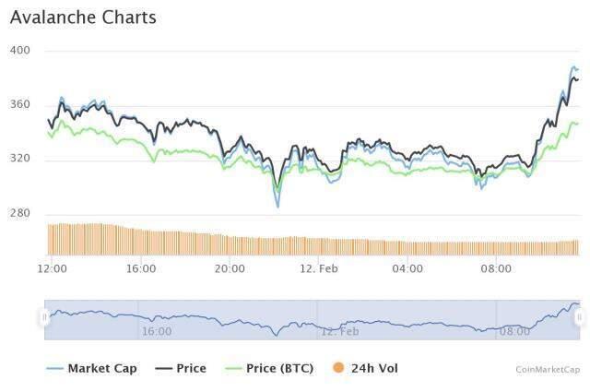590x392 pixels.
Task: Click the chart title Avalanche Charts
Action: click(83, 18)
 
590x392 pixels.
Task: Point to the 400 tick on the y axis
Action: click(20, 50)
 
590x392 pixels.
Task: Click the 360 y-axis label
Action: click(20, 104)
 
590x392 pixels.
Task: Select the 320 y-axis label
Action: click(20, 159)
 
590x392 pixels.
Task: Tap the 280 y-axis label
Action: click(20, 213)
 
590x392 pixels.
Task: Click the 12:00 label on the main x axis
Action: click(52, 268)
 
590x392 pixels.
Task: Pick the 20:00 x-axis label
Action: click(230, 268)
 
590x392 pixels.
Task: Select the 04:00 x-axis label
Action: click(407, 268)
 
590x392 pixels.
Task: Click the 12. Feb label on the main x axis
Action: click(319, 268)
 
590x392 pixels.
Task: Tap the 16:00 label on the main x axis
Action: click(141, 268)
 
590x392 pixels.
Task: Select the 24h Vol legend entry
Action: click(374, 368)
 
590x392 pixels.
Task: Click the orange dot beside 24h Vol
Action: click(339, 368)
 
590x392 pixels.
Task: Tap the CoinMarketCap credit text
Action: click(548, 369)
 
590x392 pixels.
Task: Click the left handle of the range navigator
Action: click(44, 317)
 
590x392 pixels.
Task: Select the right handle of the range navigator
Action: click(579, 317)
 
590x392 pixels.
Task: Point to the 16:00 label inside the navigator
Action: click(157, 330)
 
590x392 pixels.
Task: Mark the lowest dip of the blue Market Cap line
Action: click(277, 207)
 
